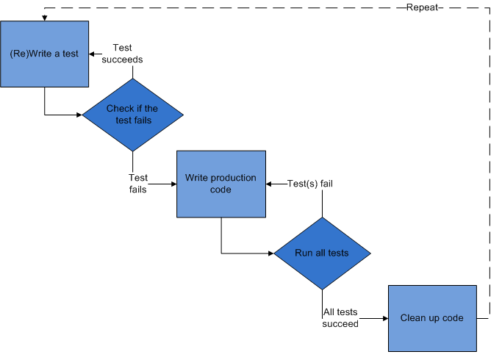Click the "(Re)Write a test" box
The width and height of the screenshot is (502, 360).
[44, 54]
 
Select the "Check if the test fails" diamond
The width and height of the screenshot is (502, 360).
[132, 114]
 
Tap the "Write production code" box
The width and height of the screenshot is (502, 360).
[220, 184]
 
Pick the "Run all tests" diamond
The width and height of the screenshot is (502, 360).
[322, 253]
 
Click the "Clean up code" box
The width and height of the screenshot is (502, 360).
[432, 317]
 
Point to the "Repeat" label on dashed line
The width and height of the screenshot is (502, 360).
[422, 7]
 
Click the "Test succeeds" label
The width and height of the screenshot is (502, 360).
[122, 54]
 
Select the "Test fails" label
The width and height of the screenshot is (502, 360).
[138, 184]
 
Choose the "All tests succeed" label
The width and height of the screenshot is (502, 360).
[340, 318]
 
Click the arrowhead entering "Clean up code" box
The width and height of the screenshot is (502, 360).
[384, 318]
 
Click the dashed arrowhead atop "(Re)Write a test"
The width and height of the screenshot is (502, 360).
[44, 17]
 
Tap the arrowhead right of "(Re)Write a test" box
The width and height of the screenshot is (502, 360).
[93, 54]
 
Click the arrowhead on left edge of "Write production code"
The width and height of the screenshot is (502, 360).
[173, 184]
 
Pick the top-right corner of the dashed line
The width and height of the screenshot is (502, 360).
[490, 8]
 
